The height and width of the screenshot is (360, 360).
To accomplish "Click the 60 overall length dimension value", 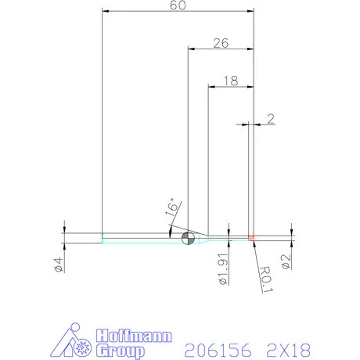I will tap(179, 6).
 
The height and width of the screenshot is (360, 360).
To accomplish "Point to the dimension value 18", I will tap(229, 80).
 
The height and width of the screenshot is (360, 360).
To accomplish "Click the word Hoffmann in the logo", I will tap(129, 337).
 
